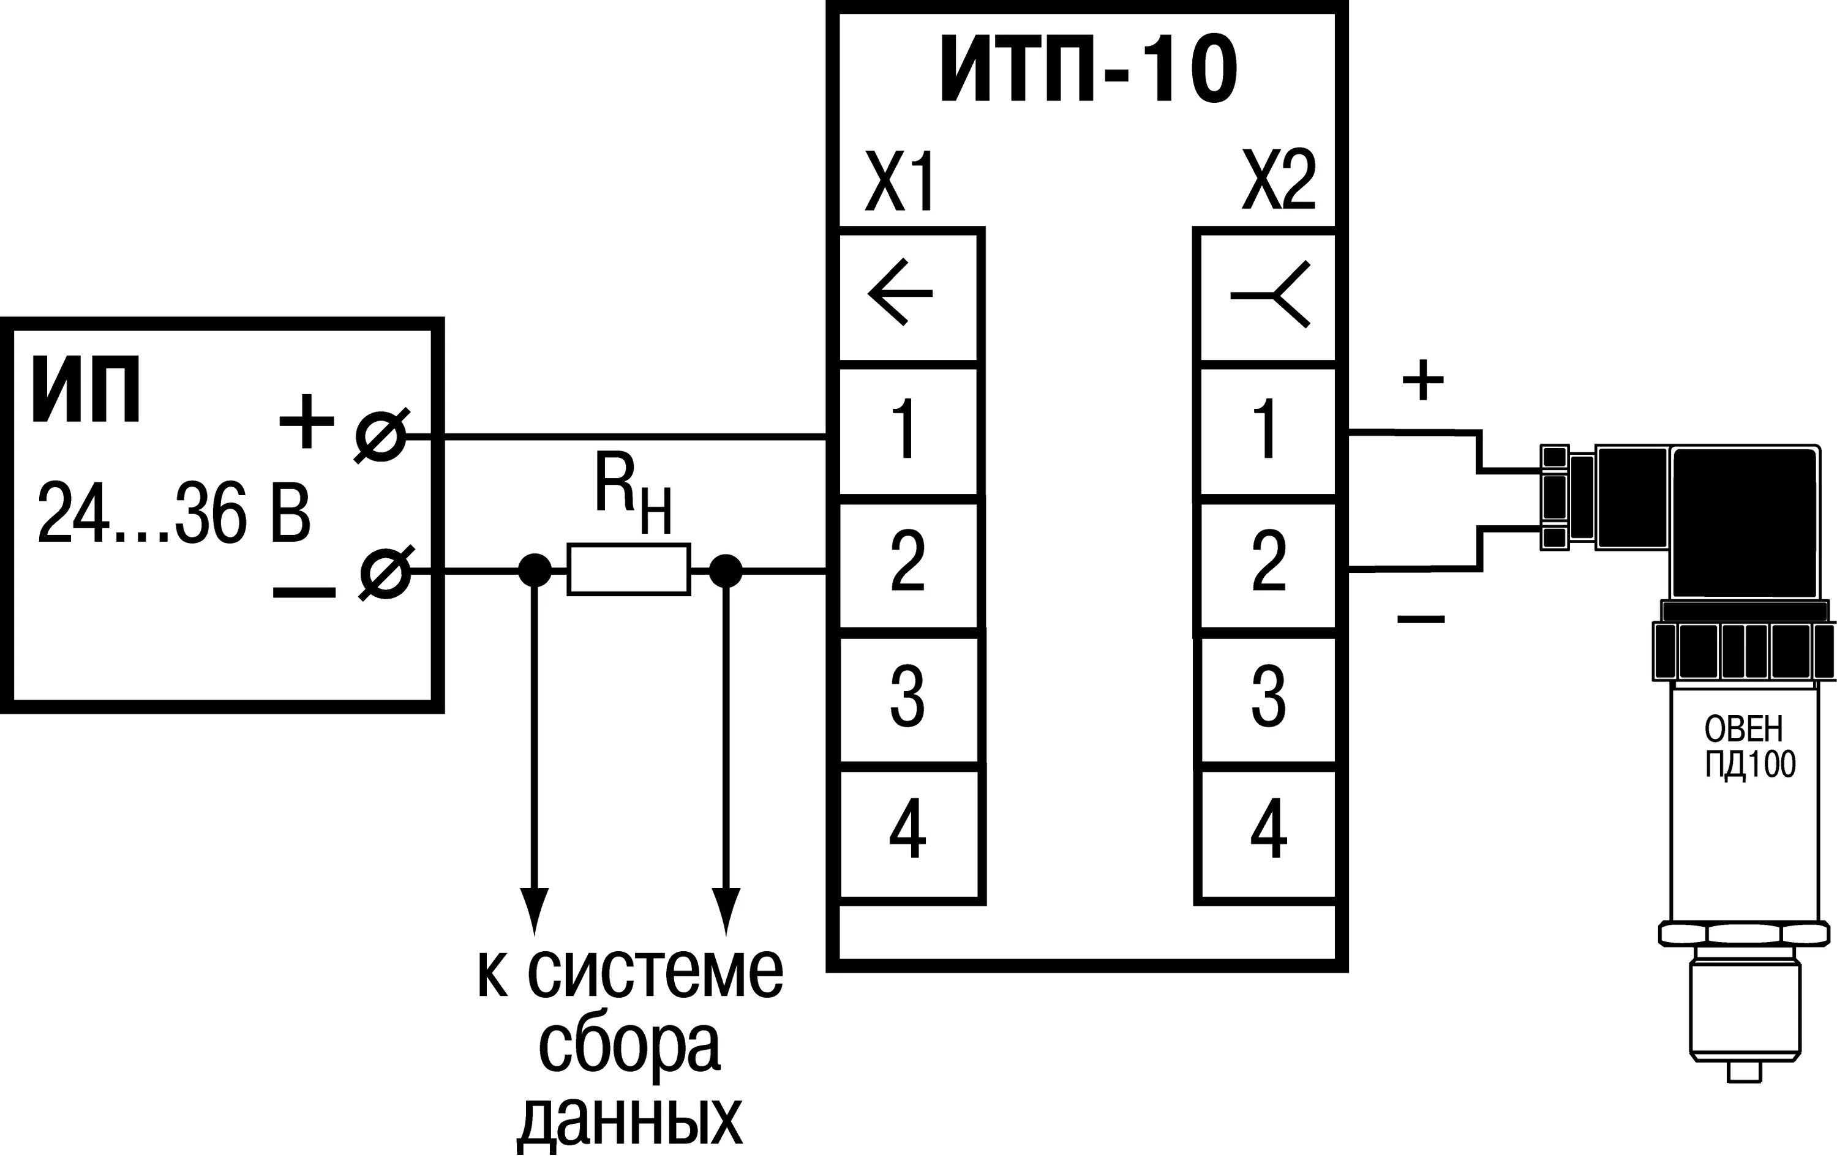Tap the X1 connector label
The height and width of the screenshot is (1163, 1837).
[x=900, y=182]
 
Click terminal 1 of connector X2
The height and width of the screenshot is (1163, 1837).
[x=1268, y=431]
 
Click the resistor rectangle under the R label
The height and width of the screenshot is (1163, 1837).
[x=629, y=569]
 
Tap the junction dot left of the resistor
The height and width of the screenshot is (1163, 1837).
[x=534, y=570]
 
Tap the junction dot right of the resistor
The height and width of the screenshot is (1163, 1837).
[x=725, y=570]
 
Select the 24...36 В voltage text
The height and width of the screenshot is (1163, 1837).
[x=174, y=513]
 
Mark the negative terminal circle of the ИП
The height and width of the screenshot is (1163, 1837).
[x=385, y=572]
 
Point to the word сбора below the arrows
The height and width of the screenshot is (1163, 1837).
[x=629, y=1046]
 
